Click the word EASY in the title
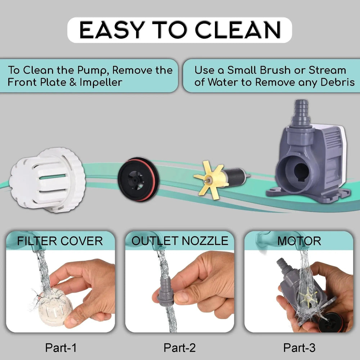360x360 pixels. tap(112, 30)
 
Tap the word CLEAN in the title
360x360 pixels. tap(238, 30)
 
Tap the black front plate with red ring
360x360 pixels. tap(138, 179)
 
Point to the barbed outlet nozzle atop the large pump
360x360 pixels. tap(301, 113)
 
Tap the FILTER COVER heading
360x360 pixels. tap(60, 241)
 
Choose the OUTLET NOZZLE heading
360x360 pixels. tap(180, 241)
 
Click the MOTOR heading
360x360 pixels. tap(299, 241)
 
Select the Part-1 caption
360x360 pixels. tap(60, 348)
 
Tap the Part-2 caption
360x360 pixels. tap(180, 348)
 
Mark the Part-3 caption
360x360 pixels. tap(299, 348)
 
